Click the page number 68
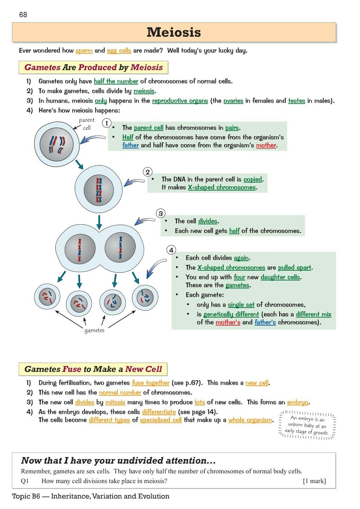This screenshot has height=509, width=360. click(23, 15)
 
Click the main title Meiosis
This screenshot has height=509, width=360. click(174, 32)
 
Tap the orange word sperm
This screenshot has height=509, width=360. click(84, 51)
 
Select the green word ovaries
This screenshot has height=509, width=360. click(233, 101)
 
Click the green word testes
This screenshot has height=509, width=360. click(296, 101)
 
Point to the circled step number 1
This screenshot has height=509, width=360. click(107, 123)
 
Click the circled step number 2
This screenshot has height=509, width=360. click(147, 172)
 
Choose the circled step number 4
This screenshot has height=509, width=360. click(171, 250)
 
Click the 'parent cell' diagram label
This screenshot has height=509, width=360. click(87, 124)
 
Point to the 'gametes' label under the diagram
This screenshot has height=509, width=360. click(94, 330)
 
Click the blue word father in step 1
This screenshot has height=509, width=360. click(131, 145)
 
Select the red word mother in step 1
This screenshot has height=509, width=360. click(266, 145)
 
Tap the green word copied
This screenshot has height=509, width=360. click(253, 179)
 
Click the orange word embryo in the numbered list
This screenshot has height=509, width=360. click(297, 402)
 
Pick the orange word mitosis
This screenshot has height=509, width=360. click(115, 402)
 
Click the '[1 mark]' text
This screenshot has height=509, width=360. click(314, 481)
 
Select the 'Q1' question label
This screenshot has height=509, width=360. click(25, 481)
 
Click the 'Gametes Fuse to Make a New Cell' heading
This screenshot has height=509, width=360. click(93, 369)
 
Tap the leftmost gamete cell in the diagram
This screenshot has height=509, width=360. click(47, 297)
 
